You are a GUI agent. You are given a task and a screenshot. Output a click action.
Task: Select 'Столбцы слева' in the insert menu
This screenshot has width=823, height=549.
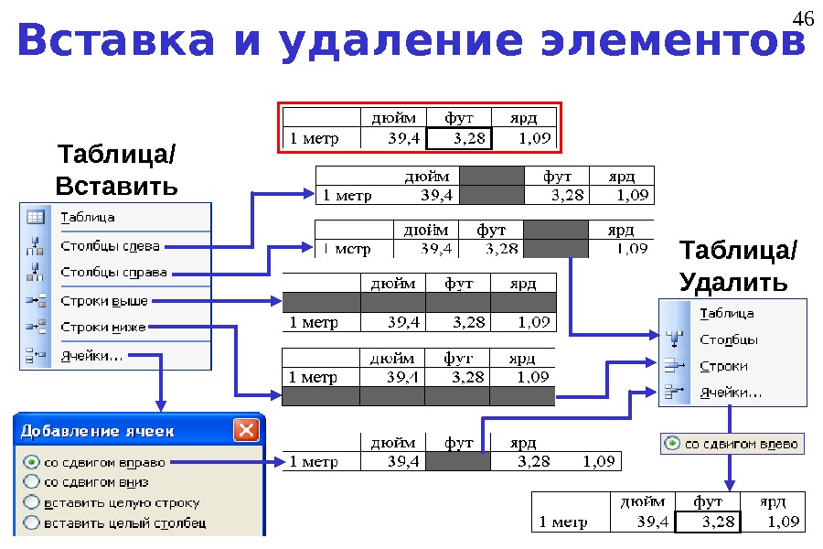pyautogui.click(x=110, y=245)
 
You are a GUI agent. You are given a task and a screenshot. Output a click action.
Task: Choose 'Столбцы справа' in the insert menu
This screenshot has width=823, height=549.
pyautogui.click(x=113, y=273)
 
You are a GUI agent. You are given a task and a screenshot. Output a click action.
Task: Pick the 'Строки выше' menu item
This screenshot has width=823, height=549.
pyautogui.click(x=104, y=300)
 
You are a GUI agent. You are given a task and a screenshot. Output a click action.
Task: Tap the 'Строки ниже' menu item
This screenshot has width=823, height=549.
pyautogui.click(x=103, y=327)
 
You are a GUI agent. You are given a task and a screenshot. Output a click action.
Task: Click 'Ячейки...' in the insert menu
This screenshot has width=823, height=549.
pyautogui.click(x=94, y=355)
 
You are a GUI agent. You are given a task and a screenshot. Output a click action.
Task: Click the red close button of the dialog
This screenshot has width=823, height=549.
pyautogui.click(x=245, y=430)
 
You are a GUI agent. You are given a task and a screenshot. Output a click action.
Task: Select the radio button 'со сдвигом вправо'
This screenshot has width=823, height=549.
pyautogui.click(x=32, y=462)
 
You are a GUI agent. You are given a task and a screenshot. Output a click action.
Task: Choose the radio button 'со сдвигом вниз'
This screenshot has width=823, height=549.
pyautogui.click(x=32, y=481)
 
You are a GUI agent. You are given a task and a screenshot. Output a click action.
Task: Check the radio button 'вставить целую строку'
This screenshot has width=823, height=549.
pyautogui.click(x=32, y=502)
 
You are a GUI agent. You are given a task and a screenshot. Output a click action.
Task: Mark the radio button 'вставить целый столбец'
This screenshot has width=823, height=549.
pyautogui.click(x=32, y=522)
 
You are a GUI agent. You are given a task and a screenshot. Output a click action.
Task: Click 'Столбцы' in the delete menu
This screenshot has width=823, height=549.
pyautogui.click(x=729, y=339)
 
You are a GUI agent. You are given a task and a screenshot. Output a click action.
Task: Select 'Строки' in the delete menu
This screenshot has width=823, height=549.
pyautogui.click(x=723, y=366)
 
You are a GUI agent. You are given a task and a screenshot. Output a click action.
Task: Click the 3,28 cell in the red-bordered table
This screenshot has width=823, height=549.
pyautogui.click(x=459, y=139)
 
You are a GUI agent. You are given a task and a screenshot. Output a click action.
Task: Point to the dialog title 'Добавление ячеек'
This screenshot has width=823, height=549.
pyautogui.click(x=98, y=431)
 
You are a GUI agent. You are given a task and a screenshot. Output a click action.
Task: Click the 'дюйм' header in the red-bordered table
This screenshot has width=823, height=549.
pyautogui.click(x=392, y=117)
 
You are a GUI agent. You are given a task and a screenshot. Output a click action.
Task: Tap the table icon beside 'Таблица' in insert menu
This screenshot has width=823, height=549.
pyautogui.click(x=36, y=218)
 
